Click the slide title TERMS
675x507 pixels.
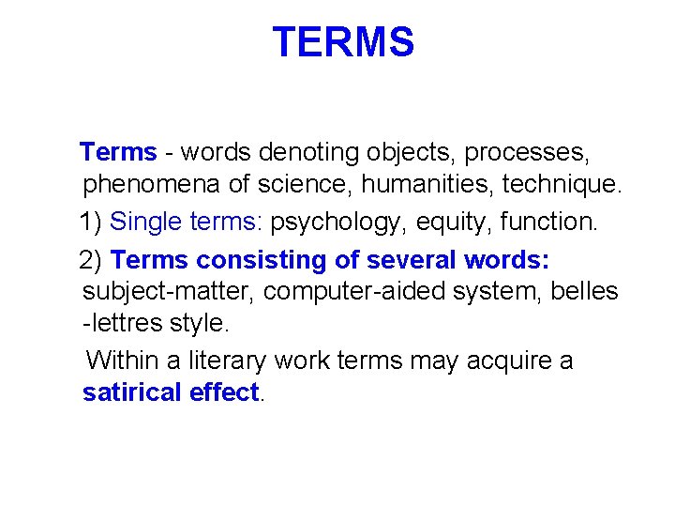(x=342, y=42)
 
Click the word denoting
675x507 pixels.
(x=301, y=151)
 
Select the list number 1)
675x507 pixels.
(x=91, y=223)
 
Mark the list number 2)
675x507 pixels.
(x=93, y=260)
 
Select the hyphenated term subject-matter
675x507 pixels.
(x=169, y=292)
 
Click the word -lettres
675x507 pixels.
(x=117, y=324)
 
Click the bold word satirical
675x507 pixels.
(x=132, y=392)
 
